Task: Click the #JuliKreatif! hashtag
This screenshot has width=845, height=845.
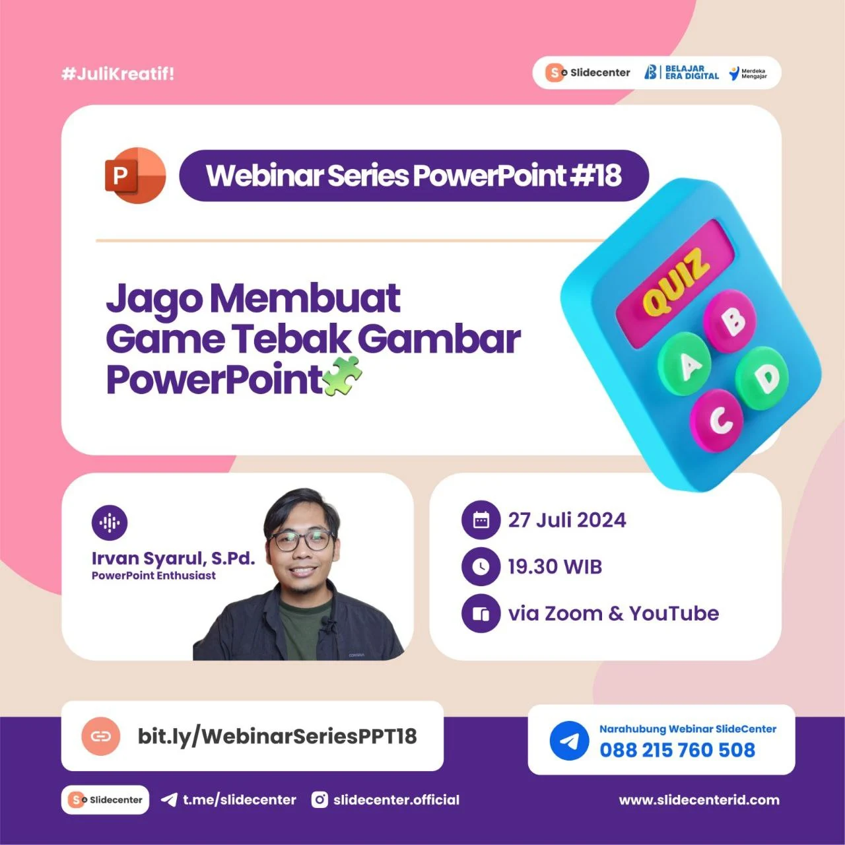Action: pos(118,74)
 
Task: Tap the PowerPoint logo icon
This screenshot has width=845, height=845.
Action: pos(135,176)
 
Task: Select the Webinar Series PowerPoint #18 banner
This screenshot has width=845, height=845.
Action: pos(413,176)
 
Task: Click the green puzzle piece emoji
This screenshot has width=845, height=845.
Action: pos(343,376)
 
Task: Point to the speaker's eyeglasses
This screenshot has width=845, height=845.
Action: pos(302,540)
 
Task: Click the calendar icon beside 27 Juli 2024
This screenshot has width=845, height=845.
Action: pos(481,520)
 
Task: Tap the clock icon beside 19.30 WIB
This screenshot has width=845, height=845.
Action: pos(481,566)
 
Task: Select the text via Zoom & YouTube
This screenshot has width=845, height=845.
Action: pos(613,613)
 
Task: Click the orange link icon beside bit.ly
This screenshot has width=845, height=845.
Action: pos(101,736)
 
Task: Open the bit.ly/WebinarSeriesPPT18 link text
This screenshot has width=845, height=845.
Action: pos(277,736)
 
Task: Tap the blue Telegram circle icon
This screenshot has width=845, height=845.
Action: pos(569,741)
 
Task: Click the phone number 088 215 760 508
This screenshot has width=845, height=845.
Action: pos(677,750)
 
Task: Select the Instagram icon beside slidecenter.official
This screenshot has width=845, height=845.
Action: pos(320,800)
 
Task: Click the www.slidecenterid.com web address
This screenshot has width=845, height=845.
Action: pos(699,800)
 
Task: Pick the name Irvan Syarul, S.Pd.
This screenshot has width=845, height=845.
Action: pos(173,558)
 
